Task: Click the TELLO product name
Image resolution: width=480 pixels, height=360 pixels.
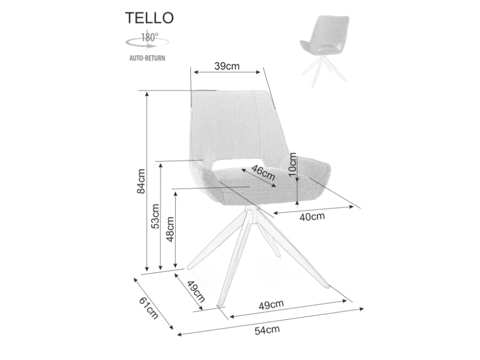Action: coord(150,18)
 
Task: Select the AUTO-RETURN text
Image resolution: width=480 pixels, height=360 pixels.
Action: coord(147,58)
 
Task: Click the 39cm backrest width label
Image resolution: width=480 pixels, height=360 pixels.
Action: coord(227,66)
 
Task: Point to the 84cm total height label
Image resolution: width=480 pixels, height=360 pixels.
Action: coord(141,182)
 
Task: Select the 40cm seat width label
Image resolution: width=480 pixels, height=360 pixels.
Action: coord(312,217)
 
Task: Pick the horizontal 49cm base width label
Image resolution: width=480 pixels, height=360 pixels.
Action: coord(271,304)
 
